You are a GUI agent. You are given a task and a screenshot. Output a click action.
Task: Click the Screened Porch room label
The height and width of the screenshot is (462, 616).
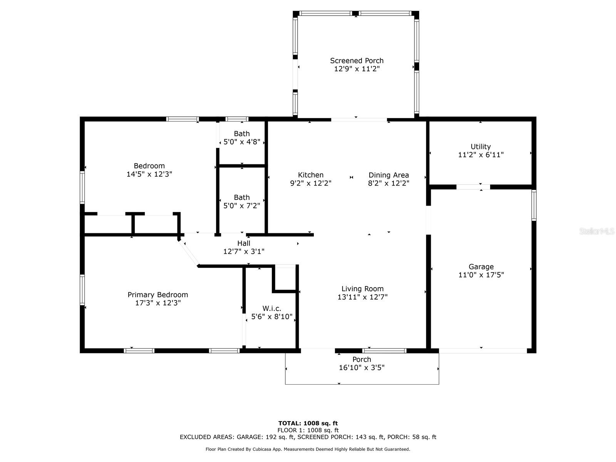pos(357,61)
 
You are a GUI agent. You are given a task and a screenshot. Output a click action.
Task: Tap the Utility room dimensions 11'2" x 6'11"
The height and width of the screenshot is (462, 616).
pos(480,155)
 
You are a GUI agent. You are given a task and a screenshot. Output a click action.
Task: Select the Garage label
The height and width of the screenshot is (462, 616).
pos(481,266)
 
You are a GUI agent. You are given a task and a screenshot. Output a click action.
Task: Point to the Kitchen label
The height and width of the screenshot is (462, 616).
pos(311,175)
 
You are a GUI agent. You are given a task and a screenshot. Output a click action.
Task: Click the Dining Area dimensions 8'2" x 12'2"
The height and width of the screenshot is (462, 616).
pos(388,184)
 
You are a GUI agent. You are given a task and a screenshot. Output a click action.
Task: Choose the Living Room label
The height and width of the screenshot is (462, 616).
pos(362,289)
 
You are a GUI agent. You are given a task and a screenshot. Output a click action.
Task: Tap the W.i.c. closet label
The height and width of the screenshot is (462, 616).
pos(272,308)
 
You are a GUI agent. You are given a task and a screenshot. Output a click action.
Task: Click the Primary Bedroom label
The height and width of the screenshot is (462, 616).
pos(158,295)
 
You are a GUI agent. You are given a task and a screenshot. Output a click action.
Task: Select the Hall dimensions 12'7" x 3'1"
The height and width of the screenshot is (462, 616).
pos(244,251)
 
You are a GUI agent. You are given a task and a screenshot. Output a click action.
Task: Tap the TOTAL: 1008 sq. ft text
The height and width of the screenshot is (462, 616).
pos(308,423)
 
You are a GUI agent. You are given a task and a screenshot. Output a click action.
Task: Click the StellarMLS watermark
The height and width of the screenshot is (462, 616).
pos(597,231)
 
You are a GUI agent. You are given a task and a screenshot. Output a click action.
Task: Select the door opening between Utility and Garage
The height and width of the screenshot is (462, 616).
pos(473,187)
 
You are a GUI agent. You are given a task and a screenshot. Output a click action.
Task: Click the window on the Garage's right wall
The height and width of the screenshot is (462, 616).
pos(534,205)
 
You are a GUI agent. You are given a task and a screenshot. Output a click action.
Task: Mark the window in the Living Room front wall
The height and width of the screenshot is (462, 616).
pos(384,351)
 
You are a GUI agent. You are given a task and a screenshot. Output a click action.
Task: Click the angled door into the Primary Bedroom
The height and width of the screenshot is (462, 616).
pos(189,253)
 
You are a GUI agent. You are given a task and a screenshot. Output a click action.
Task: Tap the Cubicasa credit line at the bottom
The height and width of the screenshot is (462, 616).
pos(308,449)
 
